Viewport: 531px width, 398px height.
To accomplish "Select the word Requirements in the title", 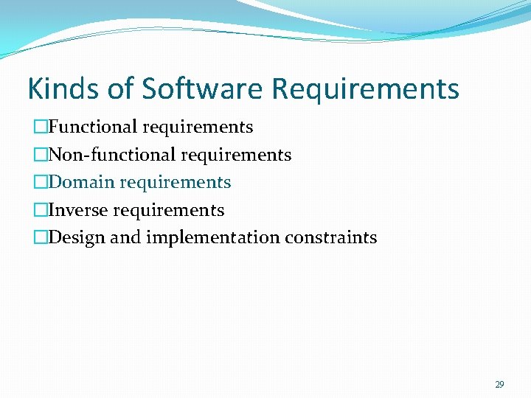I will pos(365,88).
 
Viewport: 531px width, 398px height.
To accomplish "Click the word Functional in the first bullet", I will pos(93,128).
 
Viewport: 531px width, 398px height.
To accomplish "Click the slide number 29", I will pos(499,384).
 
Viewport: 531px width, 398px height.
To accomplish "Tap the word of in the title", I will pos(120,88).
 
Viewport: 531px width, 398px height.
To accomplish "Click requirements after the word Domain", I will pos(175,183).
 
